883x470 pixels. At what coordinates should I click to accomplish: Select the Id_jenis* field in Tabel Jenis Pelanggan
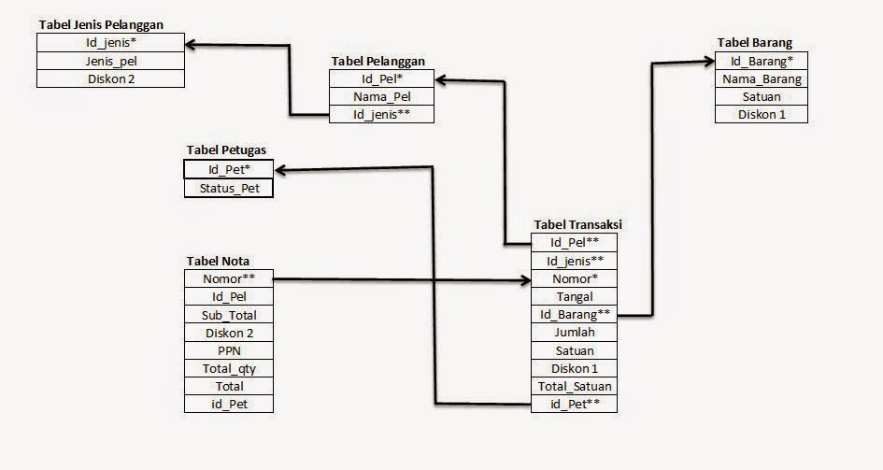111,43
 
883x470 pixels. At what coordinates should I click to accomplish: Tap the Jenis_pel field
111,61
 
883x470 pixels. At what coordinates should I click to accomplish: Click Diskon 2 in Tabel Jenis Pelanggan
111,78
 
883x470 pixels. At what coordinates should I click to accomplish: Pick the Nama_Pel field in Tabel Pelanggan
382,96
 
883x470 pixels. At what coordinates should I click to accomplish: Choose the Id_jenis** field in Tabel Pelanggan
382,114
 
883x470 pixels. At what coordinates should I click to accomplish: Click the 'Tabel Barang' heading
755,43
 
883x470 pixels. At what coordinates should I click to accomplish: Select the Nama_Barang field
762,79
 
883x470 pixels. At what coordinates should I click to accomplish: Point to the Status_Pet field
229,188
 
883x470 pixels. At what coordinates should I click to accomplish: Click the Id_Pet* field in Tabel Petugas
229,169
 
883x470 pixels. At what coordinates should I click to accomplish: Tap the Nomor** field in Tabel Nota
229,278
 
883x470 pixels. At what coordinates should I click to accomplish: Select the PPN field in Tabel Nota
229,350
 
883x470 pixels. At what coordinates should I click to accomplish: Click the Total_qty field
229,368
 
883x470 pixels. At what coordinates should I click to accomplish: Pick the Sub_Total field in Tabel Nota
229,315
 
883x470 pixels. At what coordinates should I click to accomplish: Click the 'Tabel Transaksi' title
577,225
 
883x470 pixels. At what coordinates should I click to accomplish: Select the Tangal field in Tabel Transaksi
575,297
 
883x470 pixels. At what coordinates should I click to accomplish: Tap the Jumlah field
575,333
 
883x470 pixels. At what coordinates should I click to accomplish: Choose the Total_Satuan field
575,387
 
